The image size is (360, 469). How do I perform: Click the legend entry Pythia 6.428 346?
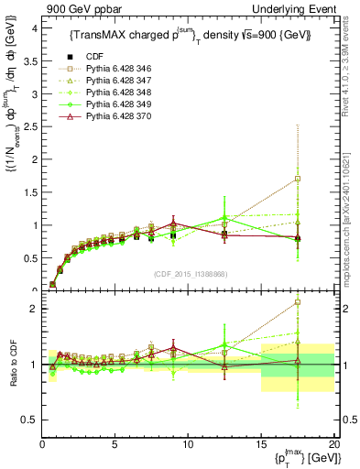pyautogui.click(x=104, y=68)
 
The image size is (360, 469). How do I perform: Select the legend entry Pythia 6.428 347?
pyautogui.click(x=104, y=81)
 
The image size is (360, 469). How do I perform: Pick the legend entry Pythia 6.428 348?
pyautogui.click(x=104, y=93)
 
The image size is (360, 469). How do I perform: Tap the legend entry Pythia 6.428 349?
pyautogui.click(x=104, y=105)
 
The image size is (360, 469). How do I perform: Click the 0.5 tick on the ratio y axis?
pyautogui.click(x=27, y=420)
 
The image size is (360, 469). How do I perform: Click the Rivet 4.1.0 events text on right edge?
pyautogui.click(x=349, y=69)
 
